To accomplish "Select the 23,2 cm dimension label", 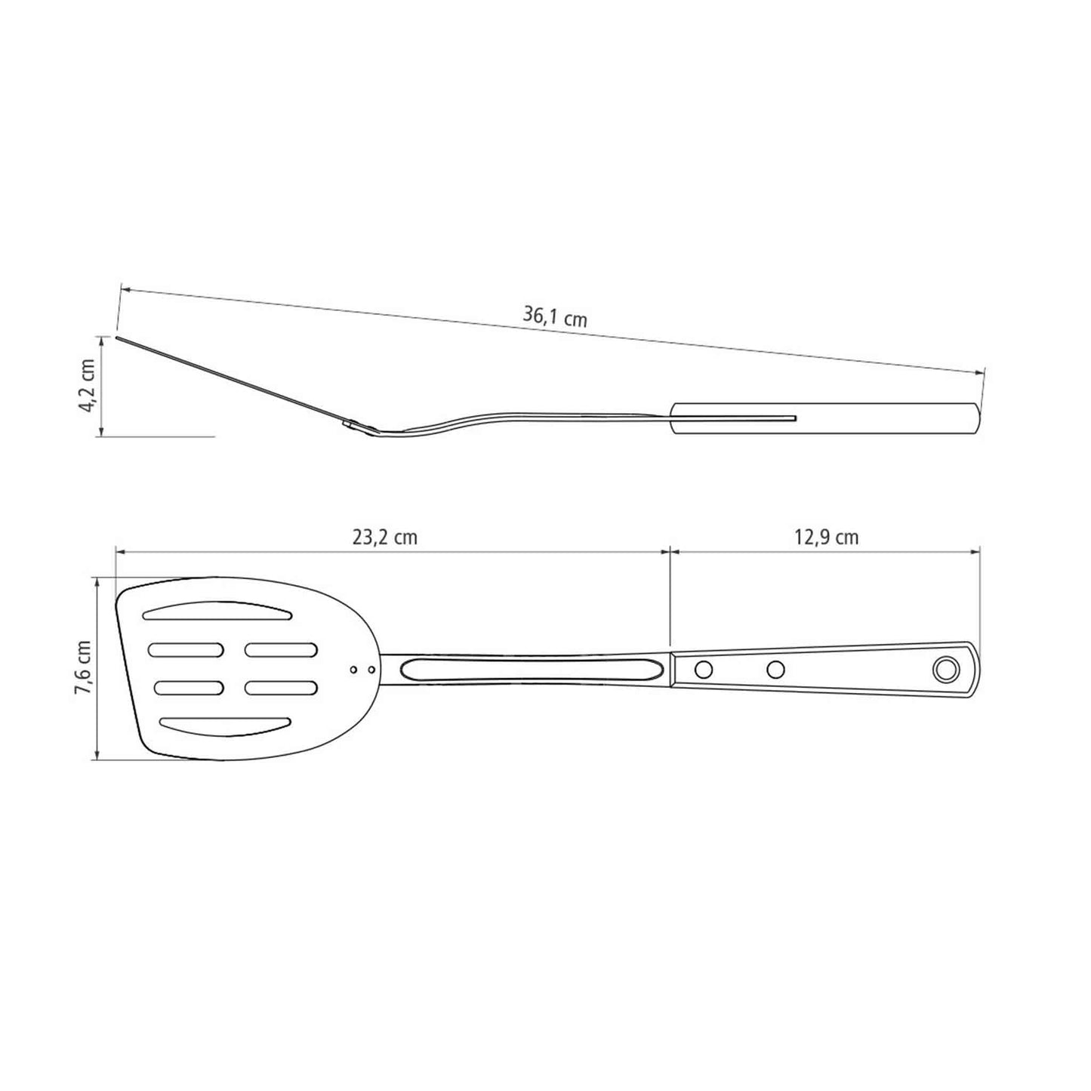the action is point(384,537).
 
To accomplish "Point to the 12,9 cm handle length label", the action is point(826,537).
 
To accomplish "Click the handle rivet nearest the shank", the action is point(703,670).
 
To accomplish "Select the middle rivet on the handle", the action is point(775,669).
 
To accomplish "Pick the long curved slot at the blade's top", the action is point(217,612).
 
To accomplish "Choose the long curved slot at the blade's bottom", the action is point(225,727).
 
